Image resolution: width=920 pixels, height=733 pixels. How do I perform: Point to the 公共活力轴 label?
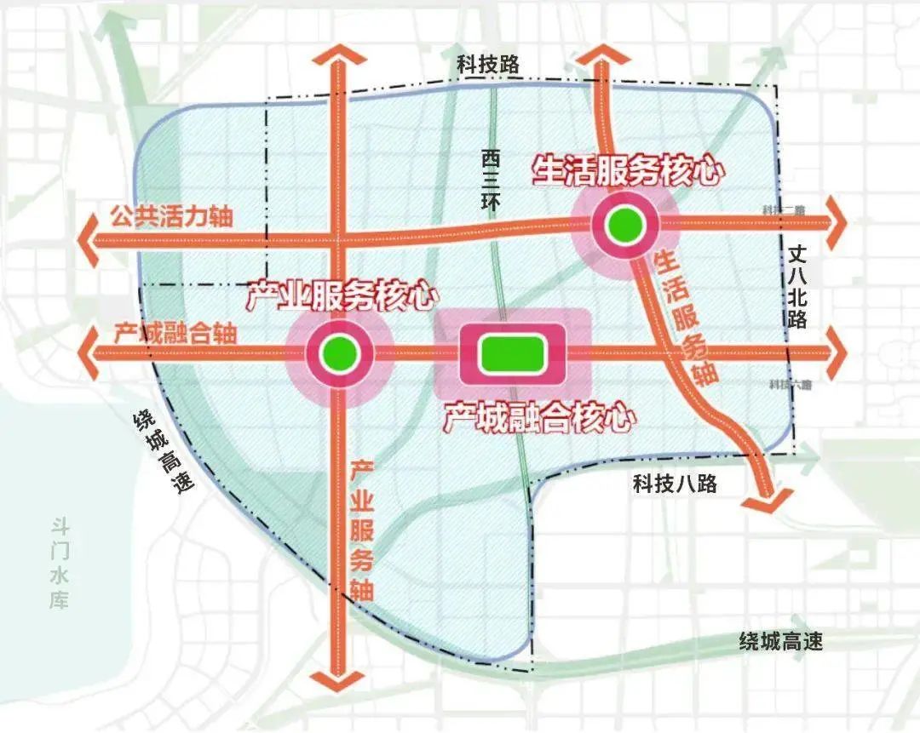(171, 216)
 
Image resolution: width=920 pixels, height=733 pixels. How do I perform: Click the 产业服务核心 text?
(342, 295)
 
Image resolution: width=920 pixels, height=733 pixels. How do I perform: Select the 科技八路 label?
(675, 484)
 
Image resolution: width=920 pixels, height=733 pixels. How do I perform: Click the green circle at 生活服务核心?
(624, 225)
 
